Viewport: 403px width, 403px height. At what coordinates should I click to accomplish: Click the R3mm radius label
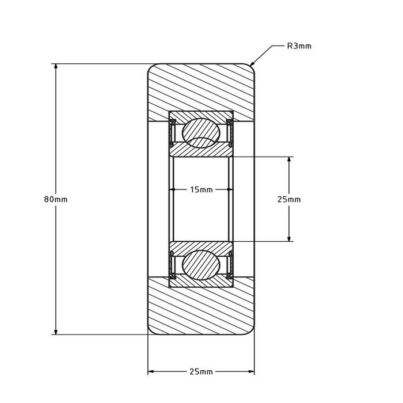pyautogui.click(x=299, y=45)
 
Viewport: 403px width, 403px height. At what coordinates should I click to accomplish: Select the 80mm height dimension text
pyautogui.click(x=56, y=199)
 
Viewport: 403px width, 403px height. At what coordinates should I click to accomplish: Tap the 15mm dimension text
pyautogui.click(x=201, y=189)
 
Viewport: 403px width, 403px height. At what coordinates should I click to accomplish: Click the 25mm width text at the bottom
pyautogui.click(x=201, y=372)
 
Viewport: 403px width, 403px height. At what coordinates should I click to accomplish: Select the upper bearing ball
pyautogui.click(x=201, y=132)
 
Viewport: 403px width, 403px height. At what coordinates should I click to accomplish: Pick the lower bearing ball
pyautogui.click(x=201, y=266)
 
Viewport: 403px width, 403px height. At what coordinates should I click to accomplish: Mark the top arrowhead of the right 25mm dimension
pyautogui.click(x=289, y=159)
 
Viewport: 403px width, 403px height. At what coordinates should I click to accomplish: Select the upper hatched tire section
pyautogui.click(x=201, y=86)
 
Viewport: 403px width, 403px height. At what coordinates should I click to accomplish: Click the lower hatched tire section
pyautogui.click(x=201, y=311)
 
